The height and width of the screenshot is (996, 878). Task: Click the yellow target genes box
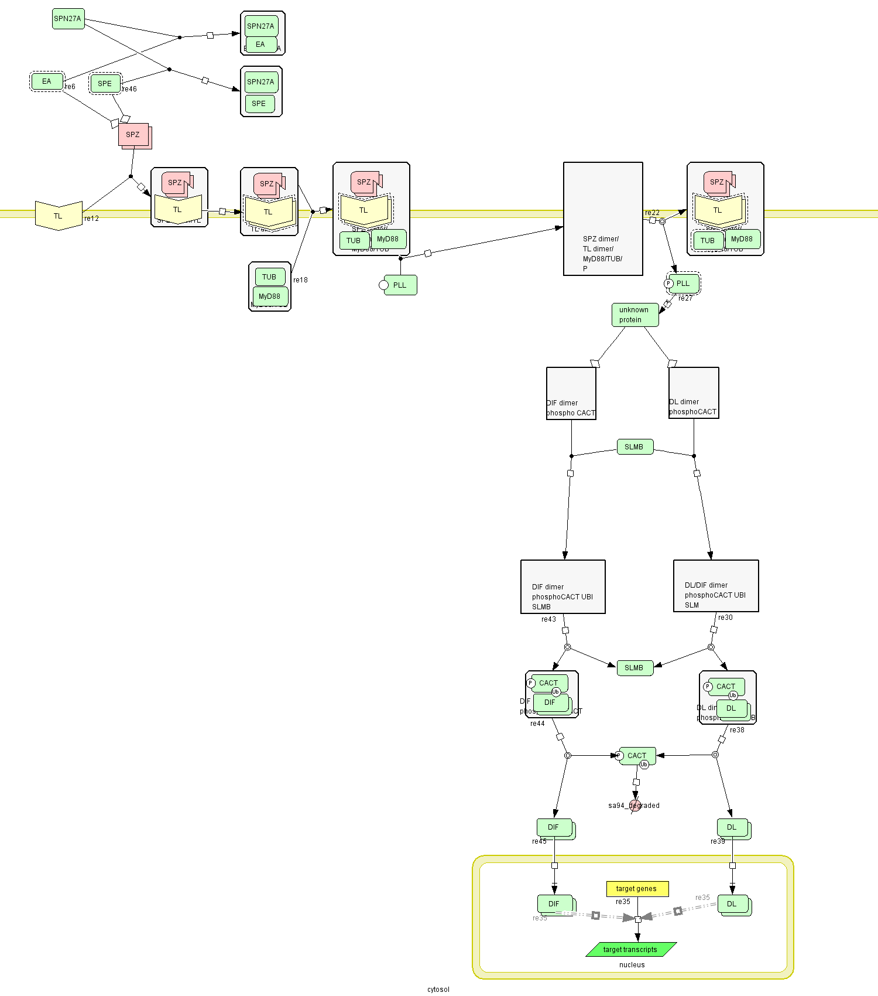click(x=637, y=889)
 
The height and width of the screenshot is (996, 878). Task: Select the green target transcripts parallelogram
click(x=631, y=950)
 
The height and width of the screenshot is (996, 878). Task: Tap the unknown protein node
click(x=635, y=315)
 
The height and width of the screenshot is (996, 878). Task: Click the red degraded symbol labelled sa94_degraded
click(x=635, y=806)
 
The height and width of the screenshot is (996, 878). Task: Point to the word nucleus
click(x=632, y=965)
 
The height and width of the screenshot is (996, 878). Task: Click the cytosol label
click(x=438, y=990)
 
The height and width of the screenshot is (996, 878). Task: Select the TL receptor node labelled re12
click(x=59, y=216)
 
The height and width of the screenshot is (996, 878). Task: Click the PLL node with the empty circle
click(x=400, y=285)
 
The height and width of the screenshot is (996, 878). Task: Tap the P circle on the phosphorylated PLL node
click(x=668, y=284)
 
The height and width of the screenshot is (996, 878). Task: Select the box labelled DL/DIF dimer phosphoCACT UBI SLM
click(x=716, y=586)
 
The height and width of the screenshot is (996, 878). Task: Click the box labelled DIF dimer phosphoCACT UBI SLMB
click(x=563, y=586)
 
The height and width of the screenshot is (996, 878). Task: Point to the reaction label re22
click(x=652, y=213)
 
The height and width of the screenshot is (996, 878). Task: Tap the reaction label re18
click(x=300, y=280)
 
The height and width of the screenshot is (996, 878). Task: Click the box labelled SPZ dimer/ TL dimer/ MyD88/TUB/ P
click(x=603, y=219)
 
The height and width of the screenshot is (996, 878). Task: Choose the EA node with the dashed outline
click(x=47, y=81)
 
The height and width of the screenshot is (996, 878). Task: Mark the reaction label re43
click(x=548, y=619)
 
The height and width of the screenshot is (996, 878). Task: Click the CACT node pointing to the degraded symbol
click(x=637, y=756)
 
